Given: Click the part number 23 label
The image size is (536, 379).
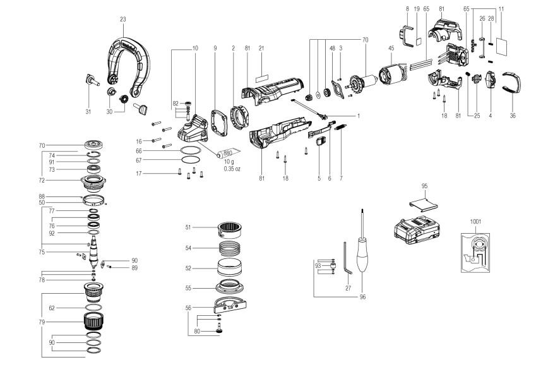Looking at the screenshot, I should (x=122, y=19).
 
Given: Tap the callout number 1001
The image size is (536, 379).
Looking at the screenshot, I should (x=475, y=222).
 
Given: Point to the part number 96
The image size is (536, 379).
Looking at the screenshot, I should (x=362, y=296).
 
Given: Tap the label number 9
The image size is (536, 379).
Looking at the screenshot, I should (x=215, y=49).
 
